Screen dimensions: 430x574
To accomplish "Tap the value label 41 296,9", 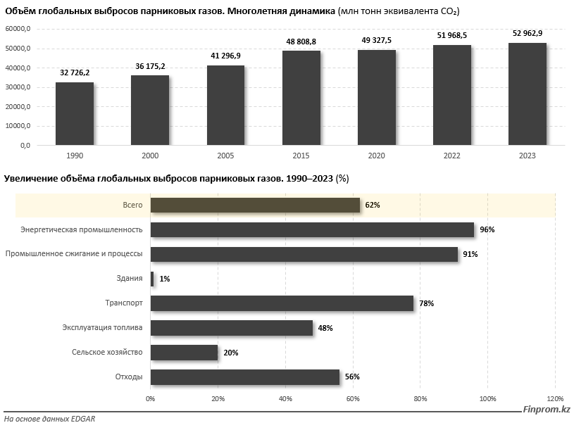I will (225, 56).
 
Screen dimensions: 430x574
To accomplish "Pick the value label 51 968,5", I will (451, 35).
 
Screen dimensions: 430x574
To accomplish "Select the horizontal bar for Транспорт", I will (282, 303).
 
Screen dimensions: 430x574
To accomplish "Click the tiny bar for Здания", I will (152, 279).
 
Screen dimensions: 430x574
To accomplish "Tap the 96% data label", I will (487, 229).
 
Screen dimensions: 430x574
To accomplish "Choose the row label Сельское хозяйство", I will (107, 353).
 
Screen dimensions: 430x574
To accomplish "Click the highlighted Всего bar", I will (255, 205).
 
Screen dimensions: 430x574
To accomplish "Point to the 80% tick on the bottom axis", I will (420, 399).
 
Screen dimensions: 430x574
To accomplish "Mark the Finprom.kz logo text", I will (547, 410).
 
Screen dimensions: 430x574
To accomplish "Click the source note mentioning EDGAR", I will (49, 419).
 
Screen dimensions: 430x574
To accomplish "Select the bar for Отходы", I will (245, 377).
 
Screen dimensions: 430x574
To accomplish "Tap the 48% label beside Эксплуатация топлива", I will (325, 328).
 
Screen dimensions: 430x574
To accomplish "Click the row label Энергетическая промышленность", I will (82, 229).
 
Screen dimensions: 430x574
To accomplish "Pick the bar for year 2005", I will (225, 105).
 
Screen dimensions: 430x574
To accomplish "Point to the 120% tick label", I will (555, 399).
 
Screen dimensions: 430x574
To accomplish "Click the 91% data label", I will (470, 254).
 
